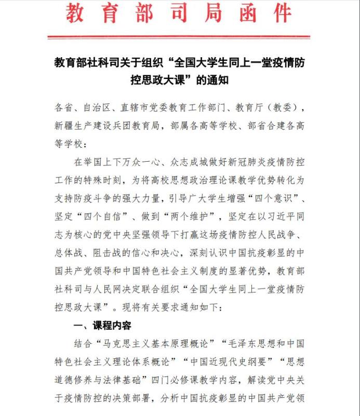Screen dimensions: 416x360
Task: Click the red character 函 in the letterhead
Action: pos(242,14)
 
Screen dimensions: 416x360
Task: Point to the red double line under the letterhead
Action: pos(179,37)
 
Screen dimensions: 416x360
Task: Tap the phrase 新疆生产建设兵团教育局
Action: pos(107,126)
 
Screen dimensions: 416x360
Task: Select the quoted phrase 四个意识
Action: pos(277,199)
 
